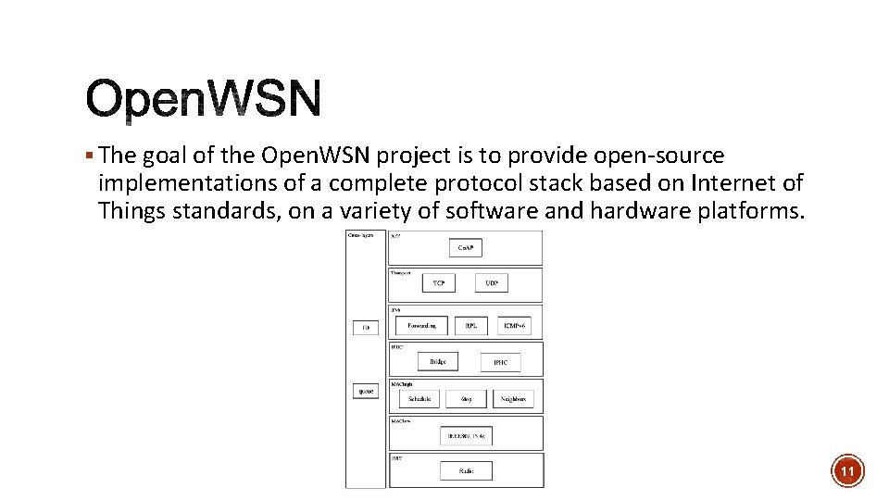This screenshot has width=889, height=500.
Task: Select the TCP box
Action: point(438,282)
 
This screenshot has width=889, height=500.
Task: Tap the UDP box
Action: point(491,282)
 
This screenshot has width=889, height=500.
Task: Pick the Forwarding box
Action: point(421,325)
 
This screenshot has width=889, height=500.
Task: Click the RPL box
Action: point(470,325)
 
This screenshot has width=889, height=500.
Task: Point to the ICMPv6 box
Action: point(514,325)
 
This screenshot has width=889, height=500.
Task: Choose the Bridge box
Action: point(437,361)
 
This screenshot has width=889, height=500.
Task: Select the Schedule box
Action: point(419,399)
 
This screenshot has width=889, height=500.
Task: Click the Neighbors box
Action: point(512,399)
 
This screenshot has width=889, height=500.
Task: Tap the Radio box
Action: point(465,470)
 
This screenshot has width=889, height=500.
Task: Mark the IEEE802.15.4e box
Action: point(466,434)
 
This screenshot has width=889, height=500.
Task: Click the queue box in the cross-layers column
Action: point(366,391)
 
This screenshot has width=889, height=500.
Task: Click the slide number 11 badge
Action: point(847,471)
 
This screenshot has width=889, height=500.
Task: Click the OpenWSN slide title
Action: point(204,100)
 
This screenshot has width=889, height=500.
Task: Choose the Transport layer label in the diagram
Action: point(399,273)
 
